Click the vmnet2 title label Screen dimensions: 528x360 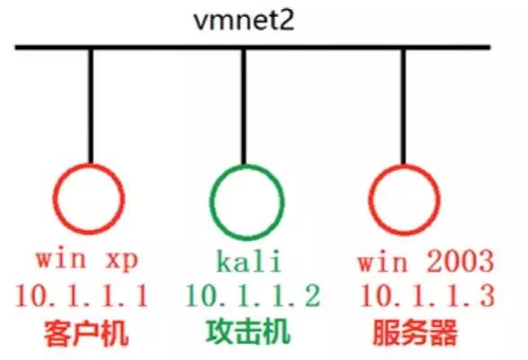click(x=244, y=21)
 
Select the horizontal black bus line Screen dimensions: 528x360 click(x=252, y=48)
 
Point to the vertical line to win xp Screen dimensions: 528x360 click(x=91, y=107)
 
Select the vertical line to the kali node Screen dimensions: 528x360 click(x=244, y=107)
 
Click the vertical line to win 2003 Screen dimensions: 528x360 click(x=403, y=107)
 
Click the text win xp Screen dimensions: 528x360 click(x=87, y=259)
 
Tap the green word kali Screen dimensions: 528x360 click(x=249, y=260)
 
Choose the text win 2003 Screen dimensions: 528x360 click(x=426, y=260)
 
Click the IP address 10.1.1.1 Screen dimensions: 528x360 click(x=82, y=295)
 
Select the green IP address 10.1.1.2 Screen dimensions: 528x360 click(x=253, y=295)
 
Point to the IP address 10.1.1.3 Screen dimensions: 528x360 click(x=427, y=295)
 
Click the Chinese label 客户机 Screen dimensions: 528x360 click(x=86, y=333)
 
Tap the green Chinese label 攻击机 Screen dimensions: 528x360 click(x=248, y=331)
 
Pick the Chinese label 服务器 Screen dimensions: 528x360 click(x=415, y=332)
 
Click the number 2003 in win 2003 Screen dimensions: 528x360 click(x=461, y=260)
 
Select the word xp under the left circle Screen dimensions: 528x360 click(x=122, y=260)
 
